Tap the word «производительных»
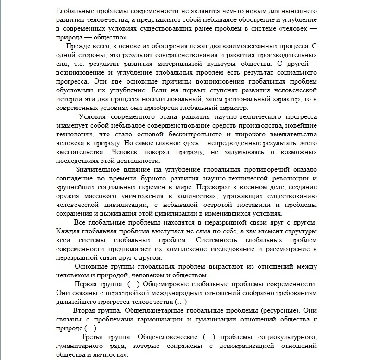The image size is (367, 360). pyautogui.click(x=286, y=56)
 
